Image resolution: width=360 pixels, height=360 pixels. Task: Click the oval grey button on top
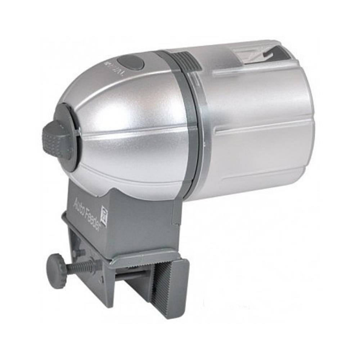pos(131,62)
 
